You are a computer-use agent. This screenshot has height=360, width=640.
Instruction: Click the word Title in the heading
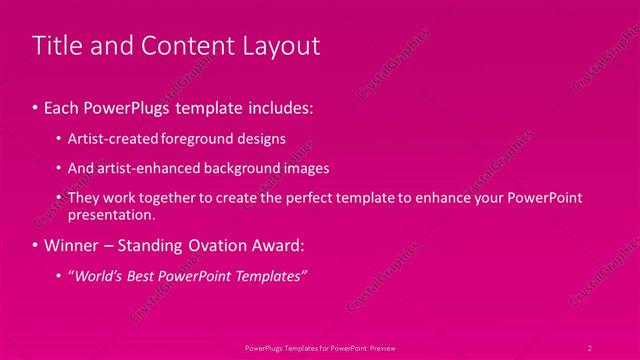pyautogui.click(x=56, y=46)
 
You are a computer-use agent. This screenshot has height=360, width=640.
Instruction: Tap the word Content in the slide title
pyautogui.click(x=185, y=46)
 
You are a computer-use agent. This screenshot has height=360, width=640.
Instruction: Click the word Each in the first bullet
pyautogui.click(x=64, y=106)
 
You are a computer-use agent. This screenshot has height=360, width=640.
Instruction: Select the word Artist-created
pyautogui.click(x=109, y=138)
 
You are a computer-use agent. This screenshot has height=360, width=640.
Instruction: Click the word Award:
pyautogui.click(x=289, y=245)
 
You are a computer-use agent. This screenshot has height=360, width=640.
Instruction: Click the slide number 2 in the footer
pyautogui.click(x=590, y=347)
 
